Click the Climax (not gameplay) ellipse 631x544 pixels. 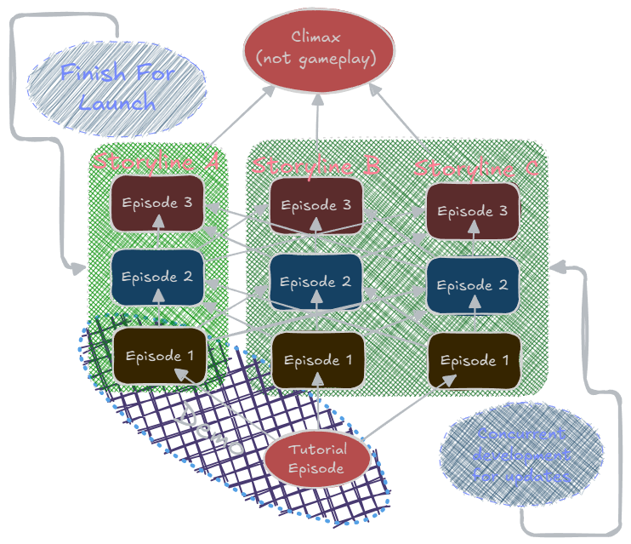[320, 49]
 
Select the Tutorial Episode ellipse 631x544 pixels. [316, 459]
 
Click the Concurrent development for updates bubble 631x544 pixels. [521, 455]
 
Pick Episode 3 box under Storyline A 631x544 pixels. [157, 204]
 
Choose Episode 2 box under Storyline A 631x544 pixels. [157, 278]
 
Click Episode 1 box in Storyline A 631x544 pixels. [159, 355]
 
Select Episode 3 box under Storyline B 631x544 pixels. [315, 205]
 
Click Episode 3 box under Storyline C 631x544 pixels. [473, 210]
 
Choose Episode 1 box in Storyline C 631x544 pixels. [474, 361]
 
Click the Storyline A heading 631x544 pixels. [156, 161]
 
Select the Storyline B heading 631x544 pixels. [315, 164]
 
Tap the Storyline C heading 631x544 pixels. [475, 168]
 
